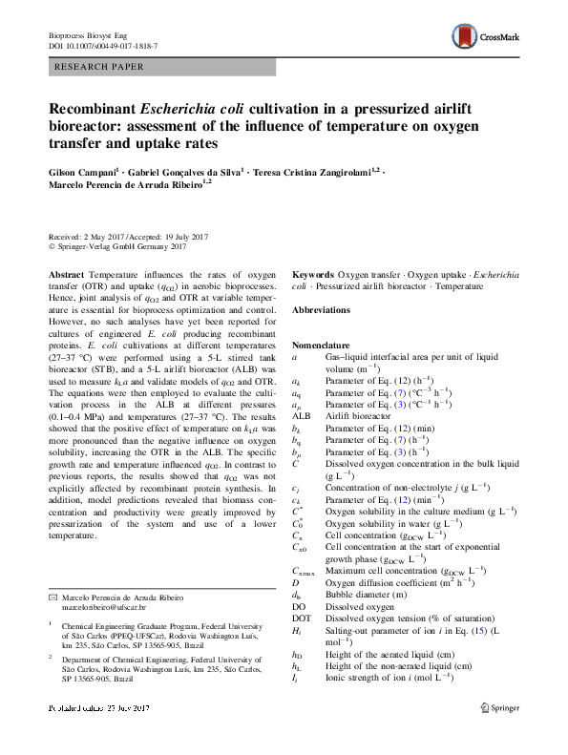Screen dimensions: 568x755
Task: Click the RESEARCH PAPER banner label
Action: [x=99, y=67]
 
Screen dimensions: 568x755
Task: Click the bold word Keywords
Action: [x=314, y=274]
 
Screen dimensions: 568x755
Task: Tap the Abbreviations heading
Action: [x=324, y=311]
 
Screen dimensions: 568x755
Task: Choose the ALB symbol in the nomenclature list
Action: [x=302, y=416]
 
